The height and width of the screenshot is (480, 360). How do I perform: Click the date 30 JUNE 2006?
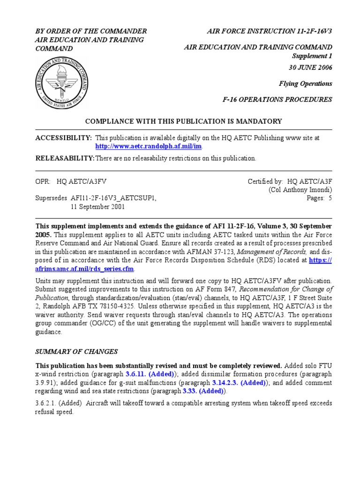pos(310,67)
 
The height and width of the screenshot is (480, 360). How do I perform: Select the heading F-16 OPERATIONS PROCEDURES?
pos(277,99)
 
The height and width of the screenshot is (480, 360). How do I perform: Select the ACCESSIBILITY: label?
pos(64,138)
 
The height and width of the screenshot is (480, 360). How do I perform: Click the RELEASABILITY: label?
pos(65,158)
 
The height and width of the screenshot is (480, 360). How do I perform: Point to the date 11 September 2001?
pos(97,207)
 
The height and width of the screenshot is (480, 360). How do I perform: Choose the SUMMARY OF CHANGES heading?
pos(77,352)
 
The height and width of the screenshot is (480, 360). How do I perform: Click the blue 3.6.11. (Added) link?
pos(150,374)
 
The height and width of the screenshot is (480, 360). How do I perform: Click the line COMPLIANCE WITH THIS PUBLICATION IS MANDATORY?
pos(183,121)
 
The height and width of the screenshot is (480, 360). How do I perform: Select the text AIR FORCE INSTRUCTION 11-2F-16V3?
pos(270,31)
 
